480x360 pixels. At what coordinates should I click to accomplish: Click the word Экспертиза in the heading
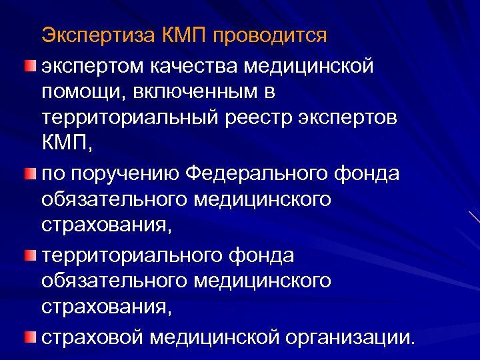click(x=98, y=35)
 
